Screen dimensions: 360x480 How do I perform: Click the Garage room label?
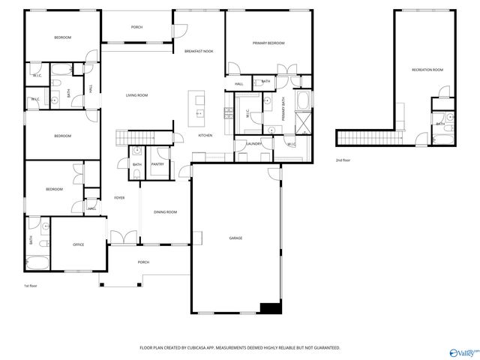click(235, 238)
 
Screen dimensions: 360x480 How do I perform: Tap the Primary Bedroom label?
click(268, 43)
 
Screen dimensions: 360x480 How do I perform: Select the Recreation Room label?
click(427, 70)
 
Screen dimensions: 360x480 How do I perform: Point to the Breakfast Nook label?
click(199, 50)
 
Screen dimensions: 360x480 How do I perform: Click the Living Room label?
click(136, 95)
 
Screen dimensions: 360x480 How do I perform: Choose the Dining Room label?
click(166, 212)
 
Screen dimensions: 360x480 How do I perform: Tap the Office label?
click(78, 244)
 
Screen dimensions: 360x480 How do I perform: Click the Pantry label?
click(158, 164)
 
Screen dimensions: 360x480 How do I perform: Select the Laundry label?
click(253, 143)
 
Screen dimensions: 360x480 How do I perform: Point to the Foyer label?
click(119, 198)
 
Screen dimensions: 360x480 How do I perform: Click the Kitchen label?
click(205, 135)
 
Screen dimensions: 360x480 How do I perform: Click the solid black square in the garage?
click(269, 307)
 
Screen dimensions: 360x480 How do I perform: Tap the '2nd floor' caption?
click(343, 160)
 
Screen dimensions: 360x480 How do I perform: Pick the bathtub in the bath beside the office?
click(37, 263)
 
